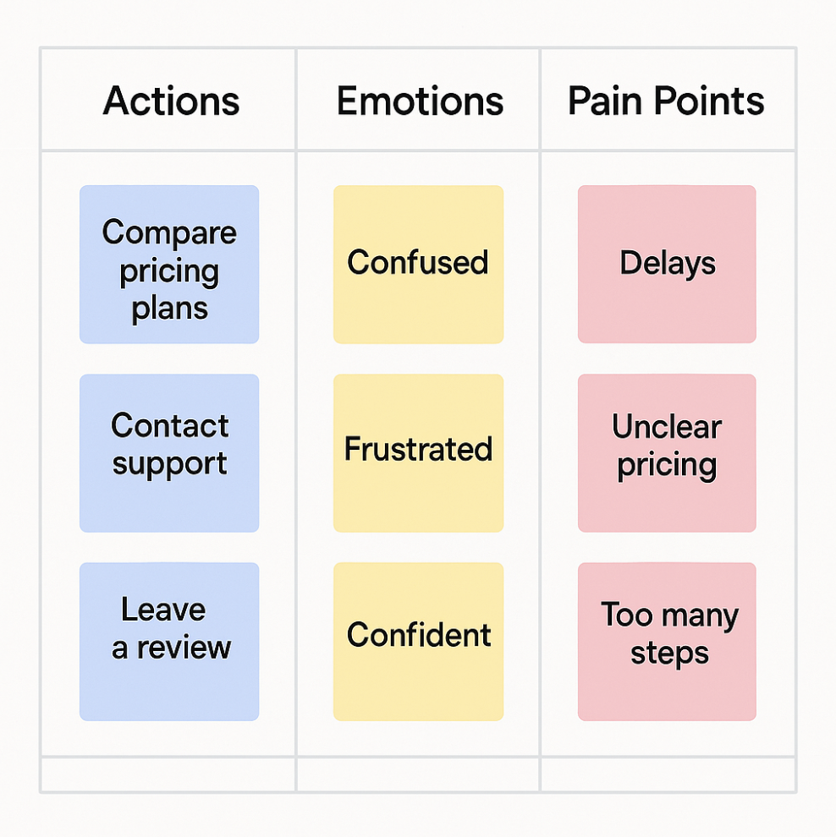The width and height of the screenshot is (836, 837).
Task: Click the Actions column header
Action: pyautogui.click(x=171, y=101)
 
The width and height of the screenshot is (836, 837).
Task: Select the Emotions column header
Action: pyautogui.click(x=420, y=101)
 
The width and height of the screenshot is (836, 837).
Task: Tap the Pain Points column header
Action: pyautogui.click(x=666, y=101)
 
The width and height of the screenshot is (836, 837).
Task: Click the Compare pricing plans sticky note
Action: pyautogui.click(x=169, y=265)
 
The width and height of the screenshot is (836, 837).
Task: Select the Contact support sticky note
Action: pyautogui.click(x=169, y=453)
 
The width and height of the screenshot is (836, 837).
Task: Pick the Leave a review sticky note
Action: pyautogui.click(x=169, y=642)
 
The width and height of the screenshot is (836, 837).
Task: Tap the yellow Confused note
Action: pyautogui.click(x=418, y=265)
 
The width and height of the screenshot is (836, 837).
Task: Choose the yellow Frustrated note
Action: pyautogui.click(x=418, y=453)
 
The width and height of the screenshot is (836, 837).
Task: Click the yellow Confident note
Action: pyautogui.click(x=418, y=642)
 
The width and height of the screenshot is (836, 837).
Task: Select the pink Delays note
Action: pyautogui.click(x=667, y=265)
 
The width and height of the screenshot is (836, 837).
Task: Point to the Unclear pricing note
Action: pyautogui.click(x=667, y=453)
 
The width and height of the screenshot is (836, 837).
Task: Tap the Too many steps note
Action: pyautogui.click(x=667, y=642)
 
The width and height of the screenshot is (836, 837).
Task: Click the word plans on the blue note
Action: pyautogui.click(x=169, y=309)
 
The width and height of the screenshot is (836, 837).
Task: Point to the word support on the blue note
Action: pyautogui.click(x=169, y=465)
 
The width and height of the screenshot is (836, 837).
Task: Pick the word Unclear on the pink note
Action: pyautogui.click(x=667, y=427)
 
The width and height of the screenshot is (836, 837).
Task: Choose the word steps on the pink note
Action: pyautogui.click(x=669, y=654)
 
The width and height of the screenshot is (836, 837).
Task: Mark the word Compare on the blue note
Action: pyautogui.click(x=169, y=232)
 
